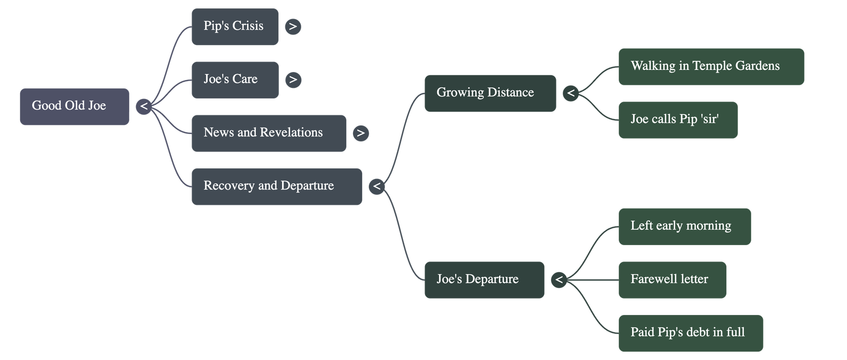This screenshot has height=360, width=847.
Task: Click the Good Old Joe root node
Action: click(74, 106)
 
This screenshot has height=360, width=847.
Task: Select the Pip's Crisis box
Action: click(235, 26)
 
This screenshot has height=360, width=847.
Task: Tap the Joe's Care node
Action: click(235, 79)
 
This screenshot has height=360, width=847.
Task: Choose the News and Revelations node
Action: click(268, 133)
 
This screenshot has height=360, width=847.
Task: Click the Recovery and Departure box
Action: click(276, 186)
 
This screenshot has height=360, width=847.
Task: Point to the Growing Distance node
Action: click(490, 93)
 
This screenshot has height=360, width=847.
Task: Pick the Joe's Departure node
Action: click(484, 280)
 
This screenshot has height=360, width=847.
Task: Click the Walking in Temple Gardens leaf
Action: click(710, 66)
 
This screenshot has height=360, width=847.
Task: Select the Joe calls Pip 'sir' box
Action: click(677, 120)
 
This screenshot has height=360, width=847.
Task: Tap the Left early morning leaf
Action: click(684, 226)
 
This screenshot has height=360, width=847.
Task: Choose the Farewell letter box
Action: click(672, 280)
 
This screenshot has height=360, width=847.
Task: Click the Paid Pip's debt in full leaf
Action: click(690, 333)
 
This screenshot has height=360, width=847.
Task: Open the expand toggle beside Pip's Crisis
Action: click(293, 26)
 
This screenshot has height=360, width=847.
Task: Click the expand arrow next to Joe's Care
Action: click(293, 79)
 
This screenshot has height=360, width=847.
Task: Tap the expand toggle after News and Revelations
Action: click(361, 133)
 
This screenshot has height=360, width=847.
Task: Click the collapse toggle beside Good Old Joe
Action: click(143, 106)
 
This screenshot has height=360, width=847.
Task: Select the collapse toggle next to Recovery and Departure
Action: click(376, 186)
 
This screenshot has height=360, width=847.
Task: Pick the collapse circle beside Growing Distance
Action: click(570, 93)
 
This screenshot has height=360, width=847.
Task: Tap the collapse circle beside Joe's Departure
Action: click(558, 280)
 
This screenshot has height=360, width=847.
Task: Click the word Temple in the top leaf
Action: click(710, 66)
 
